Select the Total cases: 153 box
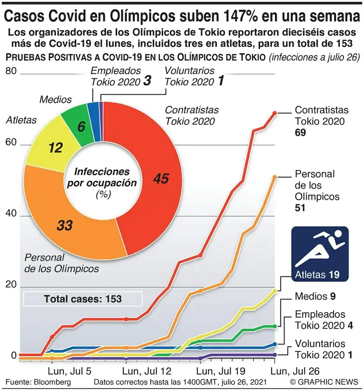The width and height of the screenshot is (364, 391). coord(83,299)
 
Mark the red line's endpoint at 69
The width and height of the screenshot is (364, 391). coord(274,113)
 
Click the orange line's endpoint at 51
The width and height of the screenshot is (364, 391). coord(274,177)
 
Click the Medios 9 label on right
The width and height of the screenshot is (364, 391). coord(315,296)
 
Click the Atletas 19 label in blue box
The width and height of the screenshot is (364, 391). coord(320,274)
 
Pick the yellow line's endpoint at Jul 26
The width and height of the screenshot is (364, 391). coord(274,291)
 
